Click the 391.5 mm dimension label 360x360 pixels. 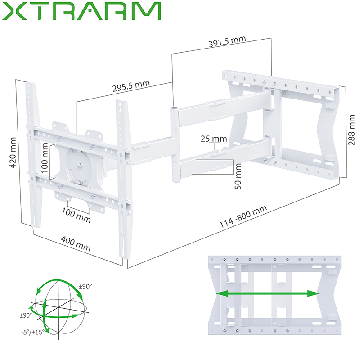(x=227, y=42)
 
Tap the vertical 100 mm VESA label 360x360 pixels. (x=45, y=160)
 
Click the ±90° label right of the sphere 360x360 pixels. (x=85, y=287)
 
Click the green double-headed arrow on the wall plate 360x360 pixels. (x=268, y=294)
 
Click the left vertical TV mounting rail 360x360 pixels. (x=31, y=153)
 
